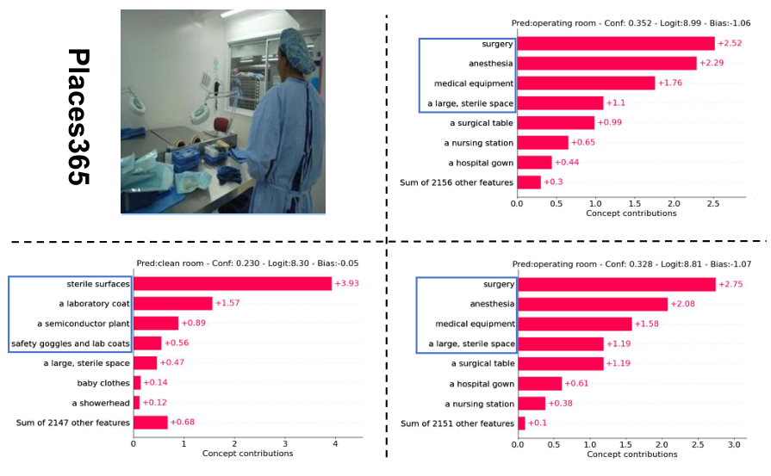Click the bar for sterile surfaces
tap(232, 283)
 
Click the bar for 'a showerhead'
tap(136, 403)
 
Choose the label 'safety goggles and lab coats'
tap(71, 343)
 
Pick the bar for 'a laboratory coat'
tap(172, 303)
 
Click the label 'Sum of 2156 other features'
tap(457, 182)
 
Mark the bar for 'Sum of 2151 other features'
tap(520, 423)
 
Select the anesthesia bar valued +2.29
tap(606, 64)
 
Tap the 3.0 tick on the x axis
tap(733, 444)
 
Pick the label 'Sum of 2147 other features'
tap(73, 423)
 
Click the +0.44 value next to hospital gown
tap(567, 163)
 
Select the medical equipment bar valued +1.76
tap(586, 83)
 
